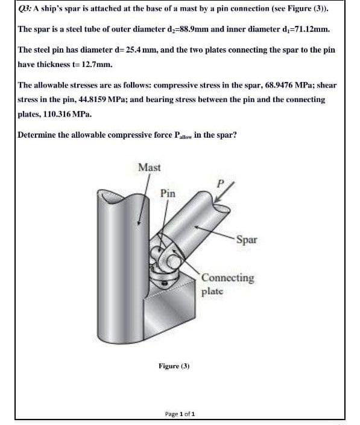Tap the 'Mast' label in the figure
149,167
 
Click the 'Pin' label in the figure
168,193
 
